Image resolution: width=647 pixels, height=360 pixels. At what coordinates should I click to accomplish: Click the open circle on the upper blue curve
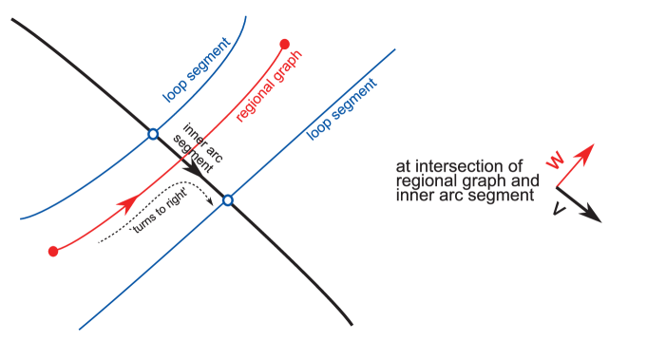pos(152,135)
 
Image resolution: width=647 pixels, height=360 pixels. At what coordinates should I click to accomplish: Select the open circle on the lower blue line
pos(227,200)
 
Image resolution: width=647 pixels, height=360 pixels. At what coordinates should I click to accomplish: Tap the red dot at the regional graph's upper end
pos(285,44)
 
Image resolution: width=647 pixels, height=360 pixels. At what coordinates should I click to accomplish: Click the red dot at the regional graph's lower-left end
pos(53,252)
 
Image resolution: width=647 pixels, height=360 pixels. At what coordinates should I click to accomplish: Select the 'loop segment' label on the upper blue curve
pos(194,76)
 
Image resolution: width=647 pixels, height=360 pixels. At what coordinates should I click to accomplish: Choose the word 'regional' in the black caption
pos(424,180)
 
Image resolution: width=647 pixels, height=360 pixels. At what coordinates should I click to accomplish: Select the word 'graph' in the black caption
pos(483,181)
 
